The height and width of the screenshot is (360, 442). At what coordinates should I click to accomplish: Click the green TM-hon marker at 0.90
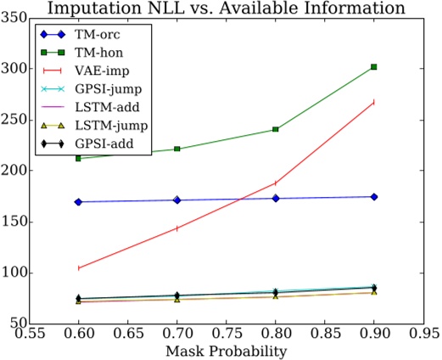pos(374,66)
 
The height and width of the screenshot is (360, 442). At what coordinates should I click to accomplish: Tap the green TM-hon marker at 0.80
pos(275,129)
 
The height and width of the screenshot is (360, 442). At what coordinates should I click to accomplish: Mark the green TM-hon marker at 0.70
pos(176,149)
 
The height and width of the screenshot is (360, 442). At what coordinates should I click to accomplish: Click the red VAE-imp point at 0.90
pos(374,102)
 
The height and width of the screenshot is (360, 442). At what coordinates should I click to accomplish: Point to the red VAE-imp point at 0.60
pos(78,267)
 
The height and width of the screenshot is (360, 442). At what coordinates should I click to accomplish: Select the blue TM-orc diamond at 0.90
pos(374,196)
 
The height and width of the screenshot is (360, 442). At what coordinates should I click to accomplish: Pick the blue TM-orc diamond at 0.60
pos(78,202)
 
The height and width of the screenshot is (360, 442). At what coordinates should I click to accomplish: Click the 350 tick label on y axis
pos(15,17)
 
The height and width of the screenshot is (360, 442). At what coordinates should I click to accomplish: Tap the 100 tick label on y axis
pos(15,273)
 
